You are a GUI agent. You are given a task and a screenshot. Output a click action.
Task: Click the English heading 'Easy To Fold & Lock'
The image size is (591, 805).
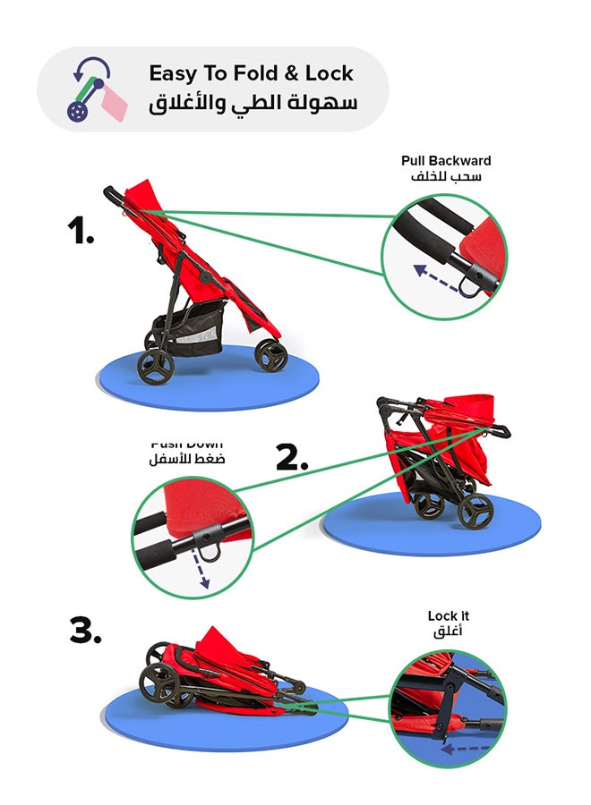251,73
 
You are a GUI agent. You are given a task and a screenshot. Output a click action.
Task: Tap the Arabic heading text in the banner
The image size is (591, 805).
252,103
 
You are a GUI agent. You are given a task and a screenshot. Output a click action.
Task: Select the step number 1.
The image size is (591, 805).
81,232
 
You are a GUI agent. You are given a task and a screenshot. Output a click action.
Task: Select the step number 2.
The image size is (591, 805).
292,458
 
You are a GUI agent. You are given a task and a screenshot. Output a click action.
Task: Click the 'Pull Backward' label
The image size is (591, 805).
446,161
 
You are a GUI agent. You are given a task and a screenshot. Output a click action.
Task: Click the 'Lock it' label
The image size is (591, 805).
448,616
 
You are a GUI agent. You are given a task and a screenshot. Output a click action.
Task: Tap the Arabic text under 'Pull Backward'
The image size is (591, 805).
446,177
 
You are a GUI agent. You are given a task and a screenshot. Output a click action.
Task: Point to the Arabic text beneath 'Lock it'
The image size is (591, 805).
448,632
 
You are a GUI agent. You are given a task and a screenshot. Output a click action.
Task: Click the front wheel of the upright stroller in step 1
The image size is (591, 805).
270,355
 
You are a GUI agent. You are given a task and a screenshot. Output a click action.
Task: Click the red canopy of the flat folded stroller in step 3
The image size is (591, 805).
219,646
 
